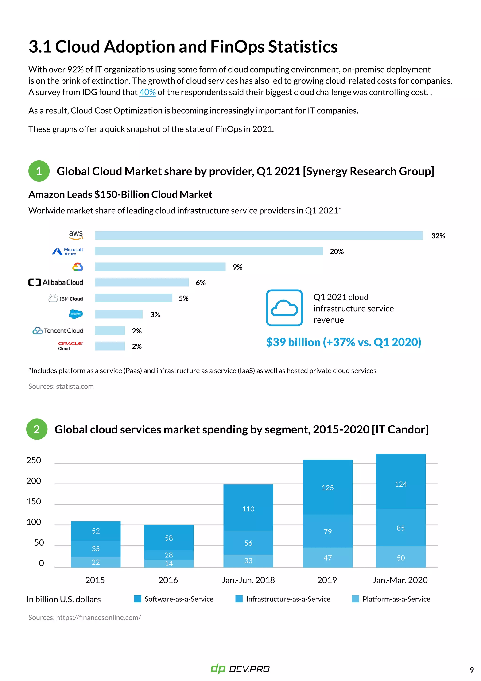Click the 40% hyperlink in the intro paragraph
(147, 92)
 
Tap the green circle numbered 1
(39, 171)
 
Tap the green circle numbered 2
(37, 429)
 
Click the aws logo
(76, 235)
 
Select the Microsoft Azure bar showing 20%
(209, 251)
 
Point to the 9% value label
(237, 267)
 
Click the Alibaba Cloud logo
(56, 282)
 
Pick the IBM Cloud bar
(134, 298)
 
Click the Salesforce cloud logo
(76, 314)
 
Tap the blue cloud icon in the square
(284, 308)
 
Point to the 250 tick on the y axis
(34, 460)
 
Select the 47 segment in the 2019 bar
(328, 558)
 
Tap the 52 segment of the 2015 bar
(96, 531)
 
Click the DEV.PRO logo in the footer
(240, 669)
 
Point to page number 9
(472, 670)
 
